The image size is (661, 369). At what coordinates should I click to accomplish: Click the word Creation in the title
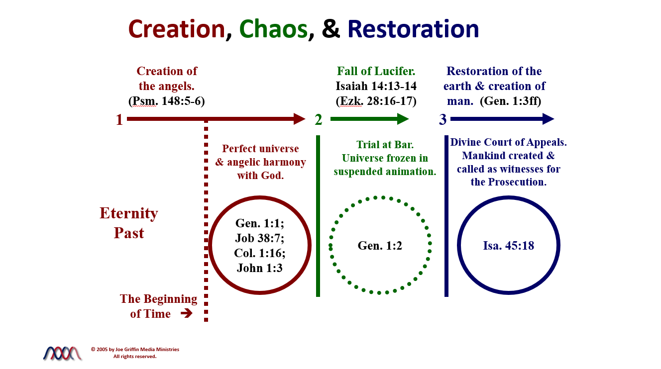(177, 29)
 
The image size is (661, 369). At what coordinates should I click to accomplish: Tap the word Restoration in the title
(413, 29)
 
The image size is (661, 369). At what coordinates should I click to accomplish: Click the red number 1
(119, 120)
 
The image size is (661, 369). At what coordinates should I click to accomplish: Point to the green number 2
(319, 120)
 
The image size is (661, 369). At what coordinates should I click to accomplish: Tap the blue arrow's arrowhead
(548, 119)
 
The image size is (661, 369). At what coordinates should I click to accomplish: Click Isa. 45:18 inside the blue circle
(508, 245)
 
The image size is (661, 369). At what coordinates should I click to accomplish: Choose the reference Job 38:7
(259, 238)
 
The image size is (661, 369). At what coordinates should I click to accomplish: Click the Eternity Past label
(129, 223)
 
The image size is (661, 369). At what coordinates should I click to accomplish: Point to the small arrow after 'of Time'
(186, 314)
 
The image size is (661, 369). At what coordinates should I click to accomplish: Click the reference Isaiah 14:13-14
(376, 86)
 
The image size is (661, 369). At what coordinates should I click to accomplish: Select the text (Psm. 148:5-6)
(167, 101)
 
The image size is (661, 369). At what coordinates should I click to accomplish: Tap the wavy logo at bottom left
(62, 353)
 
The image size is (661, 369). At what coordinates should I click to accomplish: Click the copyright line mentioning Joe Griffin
(135, 350)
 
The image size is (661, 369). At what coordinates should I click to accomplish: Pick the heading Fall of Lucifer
(376, 71)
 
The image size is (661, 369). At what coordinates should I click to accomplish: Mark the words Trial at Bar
(385, 145)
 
